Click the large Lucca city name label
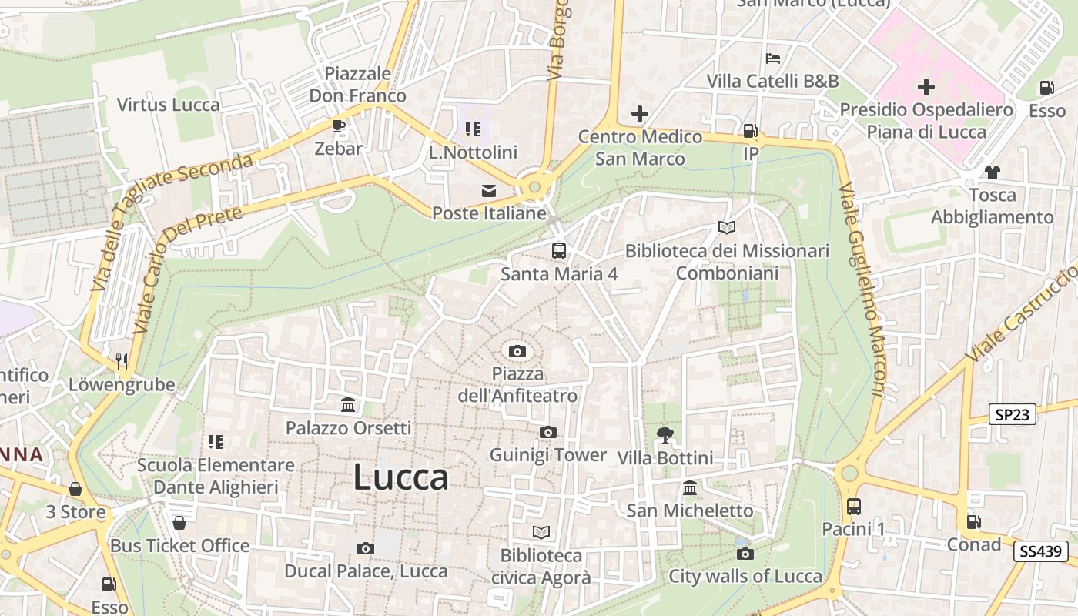(x=400, y=478)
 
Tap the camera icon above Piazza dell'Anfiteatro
(x=517, y=352)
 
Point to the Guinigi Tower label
(x=548, y=455)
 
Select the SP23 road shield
(x=1012, y=415)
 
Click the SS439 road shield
(x=1040, y=551)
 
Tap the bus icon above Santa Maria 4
(x=559, y=251)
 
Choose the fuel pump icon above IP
(x=751, y=132)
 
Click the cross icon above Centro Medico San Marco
(x=640, y=115)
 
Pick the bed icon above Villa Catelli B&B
(x=773, y=59)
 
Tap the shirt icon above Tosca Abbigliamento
(x=992, y=172)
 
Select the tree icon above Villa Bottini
(x=665, y=435)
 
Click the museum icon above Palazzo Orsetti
(x=348, y=405)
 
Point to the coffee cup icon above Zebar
(x=338, y=126)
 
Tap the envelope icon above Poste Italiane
(x=489, y=191)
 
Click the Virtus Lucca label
(x=169, y=105)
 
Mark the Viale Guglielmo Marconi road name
(x=862, y=289)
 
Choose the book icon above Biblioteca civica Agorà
(x=541, y=532)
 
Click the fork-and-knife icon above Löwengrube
(x=121, y=361)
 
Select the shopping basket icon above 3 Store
(x=75, y=489)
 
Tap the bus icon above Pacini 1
(x=853, y=507)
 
